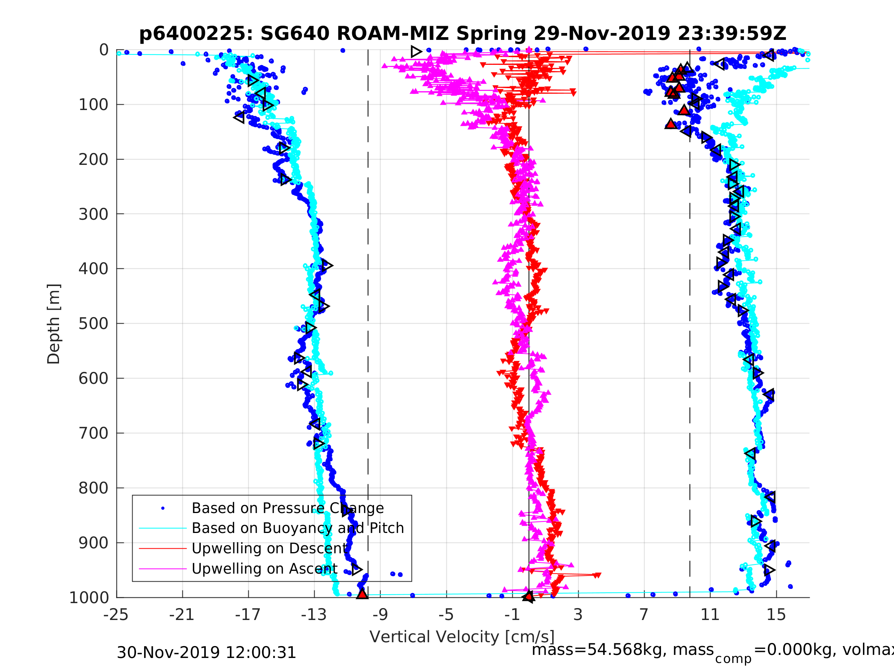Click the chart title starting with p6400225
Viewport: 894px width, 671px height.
pyautogui.click(x=463, y=34)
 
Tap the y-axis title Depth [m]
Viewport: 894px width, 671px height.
pyautogui.click(x=54, y=324)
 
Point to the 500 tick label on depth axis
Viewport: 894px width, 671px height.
pyautogui.click(x=94, y=324)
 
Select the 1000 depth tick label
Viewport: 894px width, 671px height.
pyautogui.click(x=89, y=598)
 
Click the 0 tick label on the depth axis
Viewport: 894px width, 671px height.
pyautogui.click(x=104, y=50)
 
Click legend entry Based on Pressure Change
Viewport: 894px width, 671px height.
pyautogui.click(x=287, y=508)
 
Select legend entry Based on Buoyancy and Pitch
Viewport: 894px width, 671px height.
pyautogui.click(x=297, y=528)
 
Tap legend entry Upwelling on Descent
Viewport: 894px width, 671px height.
pyautogui.click(x=269, y=548)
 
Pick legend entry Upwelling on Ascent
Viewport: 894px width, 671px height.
pyautogui.click(x=264, y=569)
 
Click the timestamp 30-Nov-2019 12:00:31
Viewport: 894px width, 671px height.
pyautogui.click(x=206, y=653)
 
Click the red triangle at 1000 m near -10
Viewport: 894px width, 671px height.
pyautogui.click(x=362, y=594)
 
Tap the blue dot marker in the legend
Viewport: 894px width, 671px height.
pyautogui.click(x=163, y=508)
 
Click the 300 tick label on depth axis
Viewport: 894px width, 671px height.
pyautogui.click(x=94, y=214)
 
